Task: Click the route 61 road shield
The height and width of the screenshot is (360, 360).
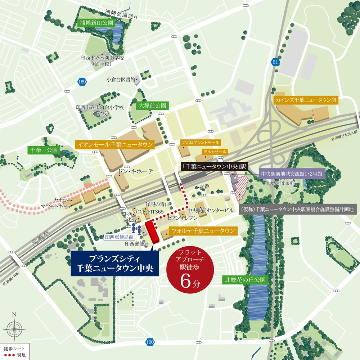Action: coord(275,62)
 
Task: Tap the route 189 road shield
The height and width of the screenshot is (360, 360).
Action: coord(82,82)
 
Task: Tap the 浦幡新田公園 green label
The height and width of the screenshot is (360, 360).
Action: coord(96,23)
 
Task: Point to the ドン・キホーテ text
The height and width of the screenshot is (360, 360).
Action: coord(136,172)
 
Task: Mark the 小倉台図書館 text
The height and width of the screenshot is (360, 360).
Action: coord(120,79)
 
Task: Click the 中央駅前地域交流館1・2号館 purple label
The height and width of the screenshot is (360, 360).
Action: coord(293,174)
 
